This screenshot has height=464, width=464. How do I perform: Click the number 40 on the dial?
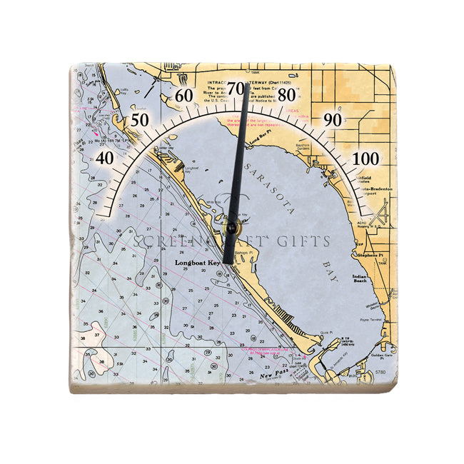(x=105, y=158)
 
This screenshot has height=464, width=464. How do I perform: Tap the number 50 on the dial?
(x=141, y=119)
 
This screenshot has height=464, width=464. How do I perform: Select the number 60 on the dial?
(x=184, y=95)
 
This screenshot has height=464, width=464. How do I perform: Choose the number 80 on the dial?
(x=287, y=94)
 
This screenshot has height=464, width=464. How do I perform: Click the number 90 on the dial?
(x=333, y=119)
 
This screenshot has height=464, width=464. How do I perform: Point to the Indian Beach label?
(x=360, y=278)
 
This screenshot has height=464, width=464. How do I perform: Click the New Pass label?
(x=272, y=375)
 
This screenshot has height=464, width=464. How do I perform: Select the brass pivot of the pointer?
(x=231, y=229)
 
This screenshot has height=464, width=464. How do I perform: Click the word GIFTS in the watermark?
(x=308, y=241)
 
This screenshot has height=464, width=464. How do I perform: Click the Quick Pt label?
(x=326, y=331)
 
